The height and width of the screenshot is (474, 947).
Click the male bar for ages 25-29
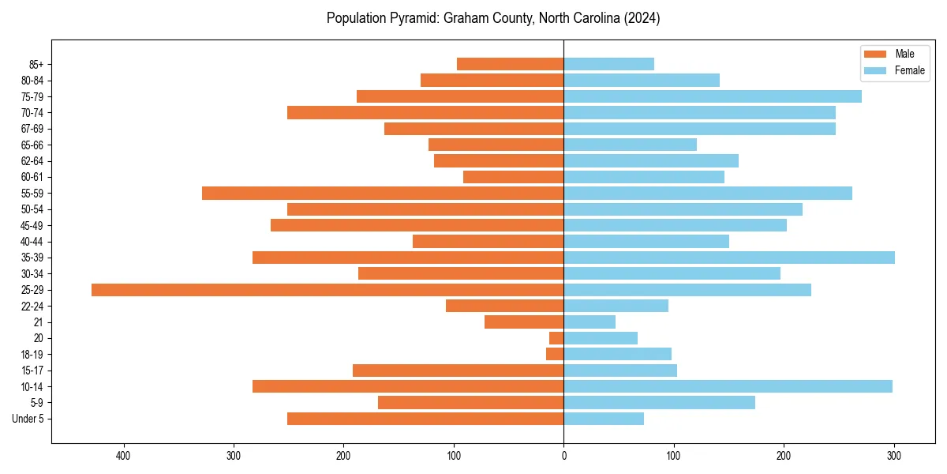pyautogui.click(x=328, y=290)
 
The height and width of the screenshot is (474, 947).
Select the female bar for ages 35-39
pyautogui.click(x=729, y=258)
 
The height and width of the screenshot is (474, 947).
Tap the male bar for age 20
pyautogui.click(x=556, y=338)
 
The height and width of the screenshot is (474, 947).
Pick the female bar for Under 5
pyautogui.click(x=604, y=419)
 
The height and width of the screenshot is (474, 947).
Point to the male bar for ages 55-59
pyautogui.click(x=383, y=194)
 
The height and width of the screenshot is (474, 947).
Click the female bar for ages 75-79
pyautogui.click(x=713, y=96)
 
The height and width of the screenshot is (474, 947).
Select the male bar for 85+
pyautogui.click(x=510, y=64)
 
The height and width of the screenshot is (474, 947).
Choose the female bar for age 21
pyautogui.click(x=590, y=322)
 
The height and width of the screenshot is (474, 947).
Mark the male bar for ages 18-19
pyautogui.click(x=555, y=355)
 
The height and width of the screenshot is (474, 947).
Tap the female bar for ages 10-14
pyautogui.click(x=728, y=386)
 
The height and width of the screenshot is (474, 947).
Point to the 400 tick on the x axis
pyautogui.click(x=123, y=456)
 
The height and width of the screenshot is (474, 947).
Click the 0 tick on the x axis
pyautogui.click(x=563, y=456)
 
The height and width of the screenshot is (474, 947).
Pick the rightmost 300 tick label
pyautogui.click(x=894, y=456)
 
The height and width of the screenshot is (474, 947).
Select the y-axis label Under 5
pyautogui.click(x=28, y=419)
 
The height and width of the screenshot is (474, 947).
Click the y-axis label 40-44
pyautogui.click(x=32, y=242)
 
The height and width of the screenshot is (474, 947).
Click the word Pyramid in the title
pyautogui.click(x=408, y=18)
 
